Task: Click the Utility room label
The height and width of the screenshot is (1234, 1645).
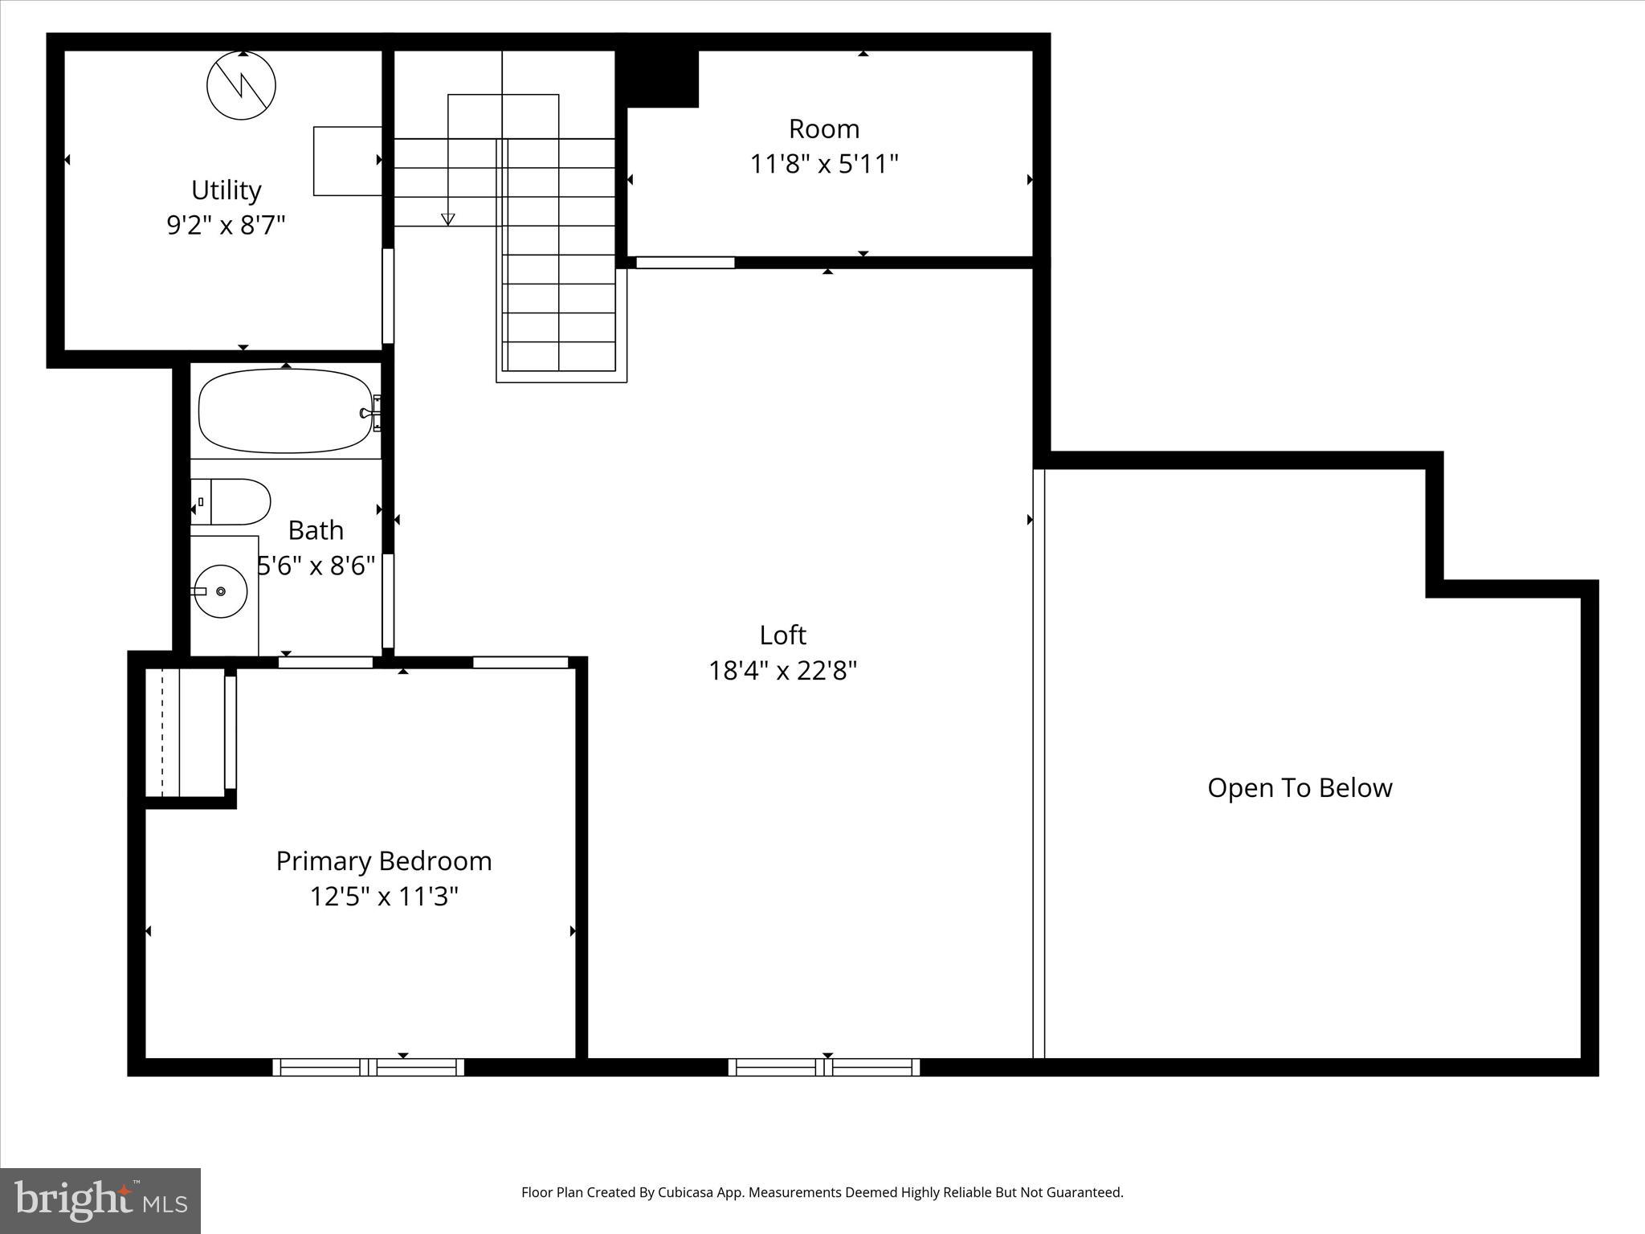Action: pos(226,190)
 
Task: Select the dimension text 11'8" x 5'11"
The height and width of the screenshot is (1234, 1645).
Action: pos(823,165)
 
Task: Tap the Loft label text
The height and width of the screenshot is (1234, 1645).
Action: pos(782,635)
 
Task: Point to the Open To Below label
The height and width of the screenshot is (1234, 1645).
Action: pos(1299,788)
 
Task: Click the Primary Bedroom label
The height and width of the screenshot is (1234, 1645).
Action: pos(383,861)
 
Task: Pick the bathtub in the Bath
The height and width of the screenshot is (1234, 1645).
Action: pos(285,411)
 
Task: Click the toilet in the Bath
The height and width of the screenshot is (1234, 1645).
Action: pos(231,502)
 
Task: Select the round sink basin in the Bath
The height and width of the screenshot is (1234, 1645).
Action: pos(221,591)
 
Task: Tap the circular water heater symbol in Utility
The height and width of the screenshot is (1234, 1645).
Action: pos(241,85)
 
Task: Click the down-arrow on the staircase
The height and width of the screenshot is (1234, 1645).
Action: pos(448,219)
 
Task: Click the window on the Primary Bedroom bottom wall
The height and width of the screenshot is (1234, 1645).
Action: pos(369,1067)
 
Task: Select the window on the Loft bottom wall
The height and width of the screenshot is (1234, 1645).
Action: pos(824,1067)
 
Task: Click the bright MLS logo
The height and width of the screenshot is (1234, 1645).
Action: pos(100,1200)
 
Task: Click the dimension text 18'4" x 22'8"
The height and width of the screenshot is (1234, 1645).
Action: pos(782,671)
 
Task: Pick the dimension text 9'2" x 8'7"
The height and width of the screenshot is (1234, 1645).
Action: pos(226,226)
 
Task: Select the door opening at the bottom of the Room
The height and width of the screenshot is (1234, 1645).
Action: pos(685,263)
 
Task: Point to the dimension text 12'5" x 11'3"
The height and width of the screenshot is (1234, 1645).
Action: pos(383,897)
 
